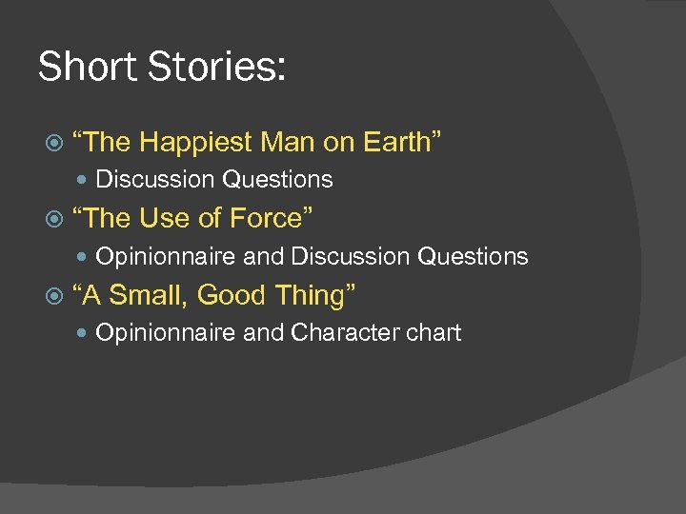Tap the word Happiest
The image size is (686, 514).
pos(194,143)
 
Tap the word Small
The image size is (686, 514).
pos(149,296)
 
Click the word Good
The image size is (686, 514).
pos(232,296)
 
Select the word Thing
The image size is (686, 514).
pos(315,296)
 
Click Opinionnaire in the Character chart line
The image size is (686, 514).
pos(167,333)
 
